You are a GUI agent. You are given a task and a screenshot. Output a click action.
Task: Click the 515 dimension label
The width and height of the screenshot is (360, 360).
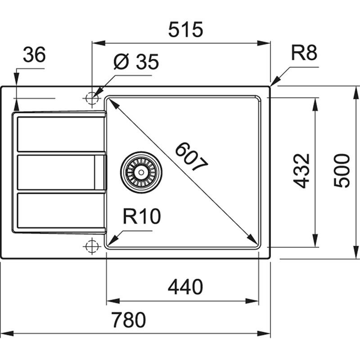(186, 30)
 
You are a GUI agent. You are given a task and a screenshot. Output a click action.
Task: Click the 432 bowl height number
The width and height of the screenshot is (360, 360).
(302, 171)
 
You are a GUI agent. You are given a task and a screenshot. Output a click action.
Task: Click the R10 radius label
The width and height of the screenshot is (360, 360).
(141, 217)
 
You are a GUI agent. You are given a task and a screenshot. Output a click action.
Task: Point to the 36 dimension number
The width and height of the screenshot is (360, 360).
(34, 55)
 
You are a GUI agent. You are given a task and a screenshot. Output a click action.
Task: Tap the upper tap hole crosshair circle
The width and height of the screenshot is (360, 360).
(92, 98)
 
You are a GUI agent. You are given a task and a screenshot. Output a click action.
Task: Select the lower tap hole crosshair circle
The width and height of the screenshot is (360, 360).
(92, 246)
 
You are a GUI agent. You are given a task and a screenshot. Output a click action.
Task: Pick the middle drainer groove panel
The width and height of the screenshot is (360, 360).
(57, 172)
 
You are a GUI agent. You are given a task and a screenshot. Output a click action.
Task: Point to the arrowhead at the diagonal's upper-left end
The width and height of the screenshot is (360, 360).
(112, 103)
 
